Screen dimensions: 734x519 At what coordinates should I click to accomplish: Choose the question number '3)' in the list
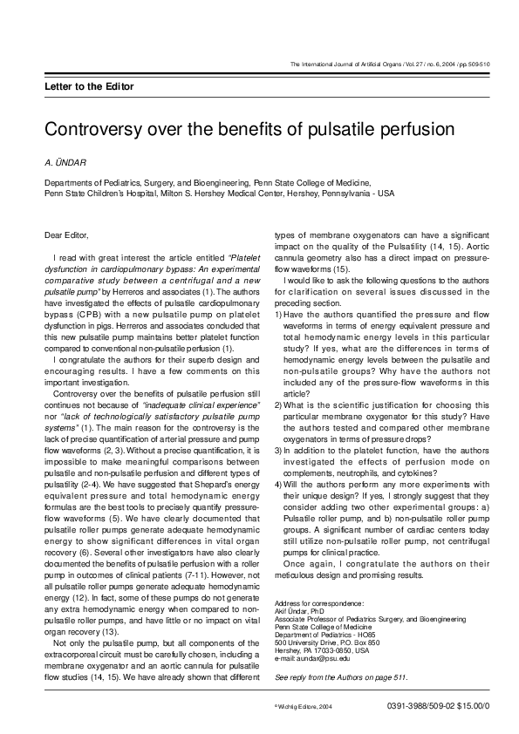coord(279,450)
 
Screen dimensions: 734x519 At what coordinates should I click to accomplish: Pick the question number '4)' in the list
coord(279,484)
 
